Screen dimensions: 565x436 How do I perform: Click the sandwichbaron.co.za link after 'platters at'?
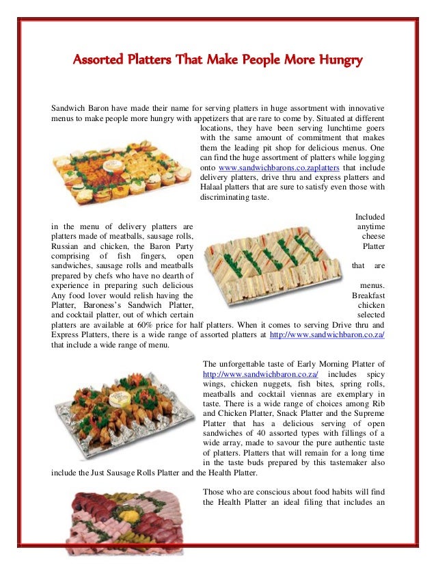coord(328,335)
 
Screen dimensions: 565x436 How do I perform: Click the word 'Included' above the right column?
coord(370,216)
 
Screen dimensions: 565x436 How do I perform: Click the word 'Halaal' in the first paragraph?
coord(214,187)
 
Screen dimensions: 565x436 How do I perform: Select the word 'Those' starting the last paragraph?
coord(215,492)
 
